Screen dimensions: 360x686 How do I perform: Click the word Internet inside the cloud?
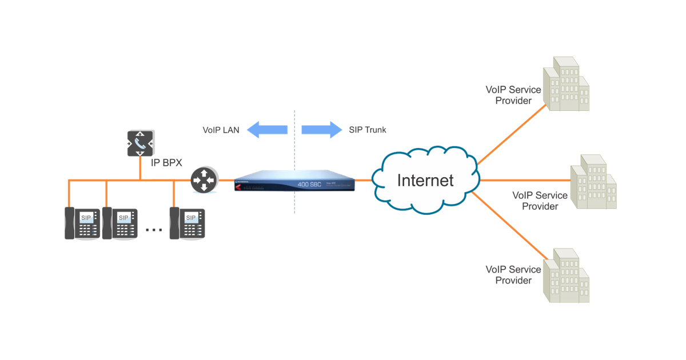pyautogui.click(x=425, y=181)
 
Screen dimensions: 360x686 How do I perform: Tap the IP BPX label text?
pyautogui.click(x=166, y=163)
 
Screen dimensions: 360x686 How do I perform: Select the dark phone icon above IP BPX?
pyautogui.click(x=140, y=143)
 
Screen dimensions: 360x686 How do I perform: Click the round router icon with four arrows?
pyautogui.click(x=203, y=181)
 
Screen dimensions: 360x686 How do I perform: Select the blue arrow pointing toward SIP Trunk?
pyautogui.click(x=321, y=130)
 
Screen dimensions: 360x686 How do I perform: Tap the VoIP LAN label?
pyautogui.click(x=221, y=130)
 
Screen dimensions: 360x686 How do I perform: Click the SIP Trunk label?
pyautogui.click(x=368, y=130)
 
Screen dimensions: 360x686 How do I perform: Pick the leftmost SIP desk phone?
pyautogui.click(x=82, y=223)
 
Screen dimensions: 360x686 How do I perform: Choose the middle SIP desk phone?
pyautogui.click(x=120, y=223)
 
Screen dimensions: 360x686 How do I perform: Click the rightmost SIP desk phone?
pyautogui.click(x=187, y=223)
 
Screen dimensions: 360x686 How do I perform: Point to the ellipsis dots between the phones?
pyautogui.click(x=154, y=230)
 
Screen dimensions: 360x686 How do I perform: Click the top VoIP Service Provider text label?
pyautogui.click(x=513, y=95)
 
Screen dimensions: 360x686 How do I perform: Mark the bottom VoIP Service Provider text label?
pyautogui.click(x=513, y=275)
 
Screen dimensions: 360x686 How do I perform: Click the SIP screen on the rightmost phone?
pyautogui.click(x=191, y=218)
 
